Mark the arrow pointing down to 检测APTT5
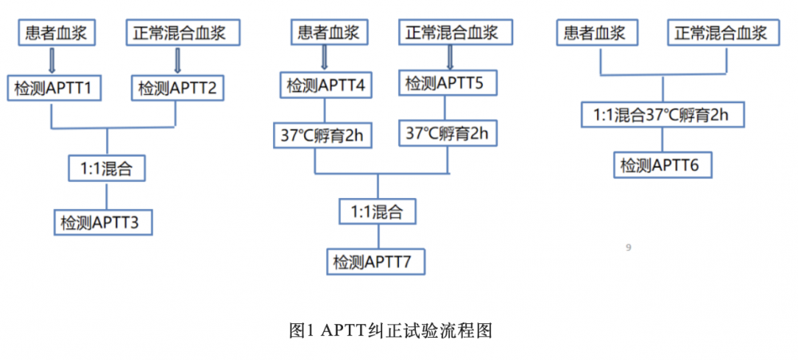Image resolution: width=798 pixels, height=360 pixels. point(450,57)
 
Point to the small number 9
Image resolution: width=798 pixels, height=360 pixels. point(629,248)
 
